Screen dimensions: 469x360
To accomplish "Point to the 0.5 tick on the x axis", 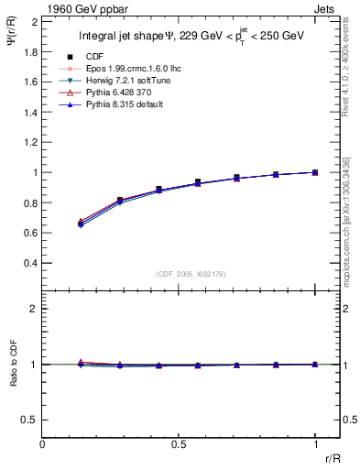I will [x=180, y=443].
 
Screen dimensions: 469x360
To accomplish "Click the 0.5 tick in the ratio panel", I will [x=30, y=420].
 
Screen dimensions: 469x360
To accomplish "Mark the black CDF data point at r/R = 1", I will [x=315, y=172].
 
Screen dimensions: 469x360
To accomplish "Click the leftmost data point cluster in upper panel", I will [x=82, y=223].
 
